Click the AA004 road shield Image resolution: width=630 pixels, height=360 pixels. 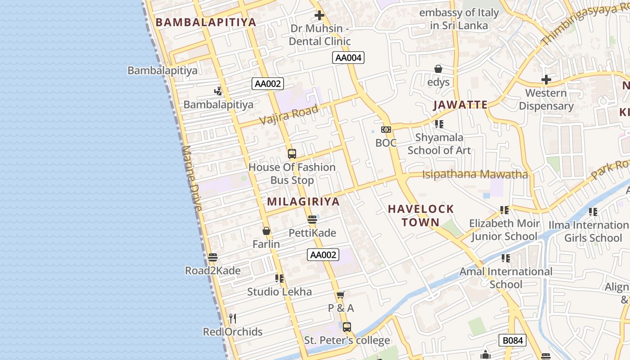tap(348, 58)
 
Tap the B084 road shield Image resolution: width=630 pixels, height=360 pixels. tap(513, 340)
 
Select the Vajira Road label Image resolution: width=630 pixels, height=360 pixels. tap(289, 114)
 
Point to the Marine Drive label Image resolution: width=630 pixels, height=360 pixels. tap(192, 178)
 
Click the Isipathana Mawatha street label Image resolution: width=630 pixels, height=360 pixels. tap(475, 174)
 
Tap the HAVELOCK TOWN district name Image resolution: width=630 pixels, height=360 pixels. tap(421, 215)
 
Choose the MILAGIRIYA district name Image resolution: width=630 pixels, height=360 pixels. tap(303, 201)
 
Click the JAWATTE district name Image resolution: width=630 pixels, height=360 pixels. tap(460, 105)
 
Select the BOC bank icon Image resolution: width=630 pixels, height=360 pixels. tap(386, 130)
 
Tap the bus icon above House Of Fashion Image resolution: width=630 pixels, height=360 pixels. tap(292, 154)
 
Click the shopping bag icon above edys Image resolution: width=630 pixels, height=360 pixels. tap(438, 69)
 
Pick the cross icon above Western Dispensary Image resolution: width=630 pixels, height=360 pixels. tap(546, 80)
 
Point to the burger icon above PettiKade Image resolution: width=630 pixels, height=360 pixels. tap(312, 220)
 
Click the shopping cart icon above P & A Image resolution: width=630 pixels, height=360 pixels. tap(341, 295)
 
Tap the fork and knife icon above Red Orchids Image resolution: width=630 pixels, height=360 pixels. tap(233, 319)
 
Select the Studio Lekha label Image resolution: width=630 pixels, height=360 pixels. tap(279, 292)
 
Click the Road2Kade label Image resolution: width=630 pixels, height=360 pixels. tap(213, 270)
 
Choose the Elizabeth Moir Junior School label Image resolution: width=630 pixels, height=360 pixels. tap(504, 229)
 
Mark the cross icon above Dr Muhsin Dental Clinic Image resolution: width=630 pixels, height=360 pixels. tap(319, 15)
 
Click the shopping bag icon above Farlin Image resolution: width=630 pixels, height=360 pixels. tap(266, 231)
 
